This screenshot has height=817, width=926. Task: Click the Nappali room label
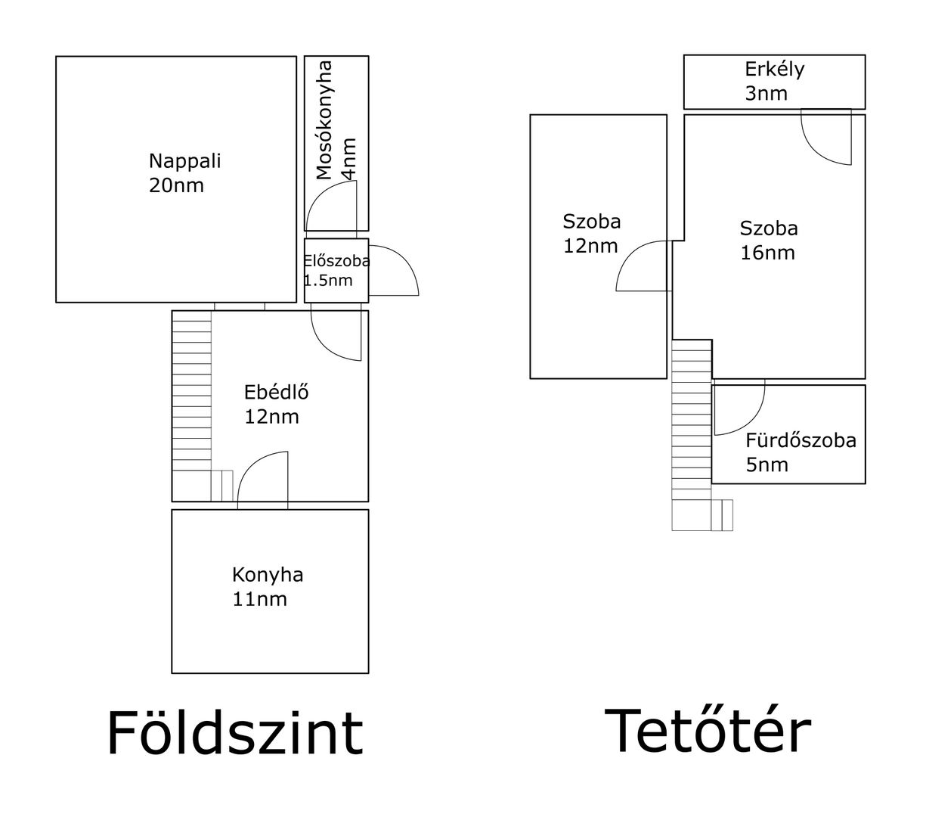(x=184, y=161)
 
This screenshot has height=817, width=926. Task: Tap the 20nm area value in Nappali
(x=176, y=186)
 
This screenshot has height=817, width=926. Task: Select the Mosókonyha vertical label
(x=324, y=120)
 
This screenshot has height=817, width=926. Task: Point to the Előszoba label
(x=336, y=260)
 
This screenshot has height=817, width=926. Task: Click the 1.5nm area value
(x=328, y=280)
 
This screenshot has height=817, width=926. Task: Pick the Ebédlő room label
(x=277, y=392)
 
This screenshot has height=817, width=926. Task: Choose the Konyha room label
(x=268, y=575)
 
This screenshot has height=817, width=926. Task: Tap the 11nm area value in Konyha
(x=259, y=599)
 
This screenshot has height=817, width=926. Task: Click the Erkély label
(x=774, y=70)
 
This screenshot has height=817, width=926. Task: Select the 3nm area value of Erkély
(x=766, y=93)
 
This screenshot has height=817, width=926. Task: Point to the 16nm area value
(x=767, y=253)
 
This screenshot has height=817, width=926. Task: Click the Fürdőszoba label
(x=801, y=440)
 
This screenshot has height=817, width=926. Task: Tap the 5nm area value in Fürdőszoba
(x=767, y=464)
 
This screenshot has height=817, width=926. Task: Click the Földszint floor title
(x=235, y=733)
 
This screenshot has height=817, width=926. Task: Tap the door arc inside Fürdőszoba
(x=751, y=421)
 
